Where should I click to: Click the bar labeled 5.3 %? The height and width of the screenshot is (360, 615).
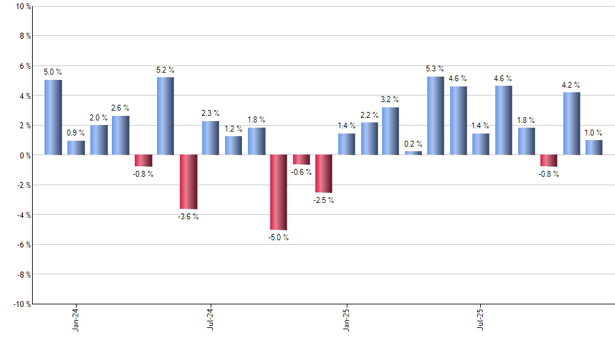[435, 116]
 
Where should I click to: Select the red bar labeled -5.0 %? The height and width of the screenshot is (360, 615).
[278, 192]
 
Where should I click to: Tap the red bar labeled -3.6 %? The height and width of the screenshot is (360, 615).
[188, 181]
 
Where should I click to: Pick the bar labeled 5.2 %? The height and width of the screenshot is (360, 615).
[166, 116]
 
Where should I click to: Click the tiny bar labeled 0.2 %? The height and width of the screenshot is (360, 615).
[413, 153]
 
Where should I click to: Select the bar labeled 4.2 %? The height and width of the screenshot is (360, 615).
[571, 124]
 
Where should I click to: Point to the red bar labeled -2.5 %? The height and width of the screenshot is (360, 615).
[323, 173]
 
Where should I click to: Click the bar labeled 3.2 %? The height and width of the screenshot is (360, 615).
[391, 131]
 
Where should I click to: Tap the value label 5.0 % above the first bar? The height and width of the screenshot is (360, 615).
[53, 72]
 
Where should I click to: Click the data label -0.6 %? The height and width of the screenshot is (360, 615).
[302, 172]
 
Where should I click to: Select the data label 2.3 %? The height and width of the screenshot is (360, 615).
[211, 113]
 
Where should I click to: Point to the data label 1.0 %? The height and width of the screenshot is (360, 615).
[594, 132]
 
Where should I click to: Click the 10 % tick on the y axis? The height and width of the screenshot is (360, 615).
[22, 7]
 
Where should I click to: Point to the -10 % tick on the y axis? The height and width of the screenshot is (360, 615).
[20, 304]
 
